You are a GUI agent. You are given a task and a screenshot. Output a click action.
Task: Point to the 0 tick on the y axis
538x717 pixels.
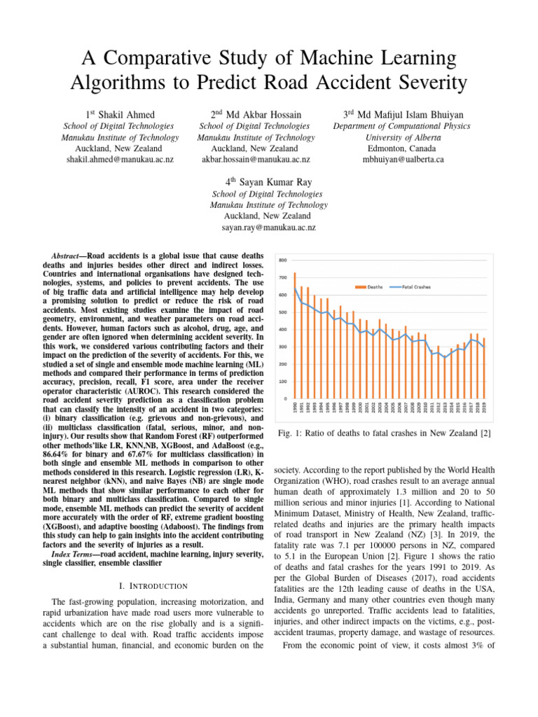pyautogui.click(x=284, y=398)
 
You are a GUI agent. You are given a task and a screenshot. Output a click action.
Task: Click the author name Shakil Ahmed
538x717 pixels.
pyautogui.click(x=125, y=114)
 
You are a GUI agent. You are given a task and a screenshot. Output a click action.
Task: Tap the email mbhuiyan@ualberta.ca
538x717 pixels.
pyautogui.click(x=403, y=160)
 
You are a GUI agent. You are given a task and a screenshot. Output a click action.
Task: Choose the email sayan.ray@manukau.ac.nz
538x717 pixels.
pyautogui.click(x=269, y=228)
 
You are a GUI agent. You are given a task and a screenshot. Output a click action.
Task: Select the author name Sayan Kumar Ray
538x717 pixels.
pyautogui.click(x=268, y=183)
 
